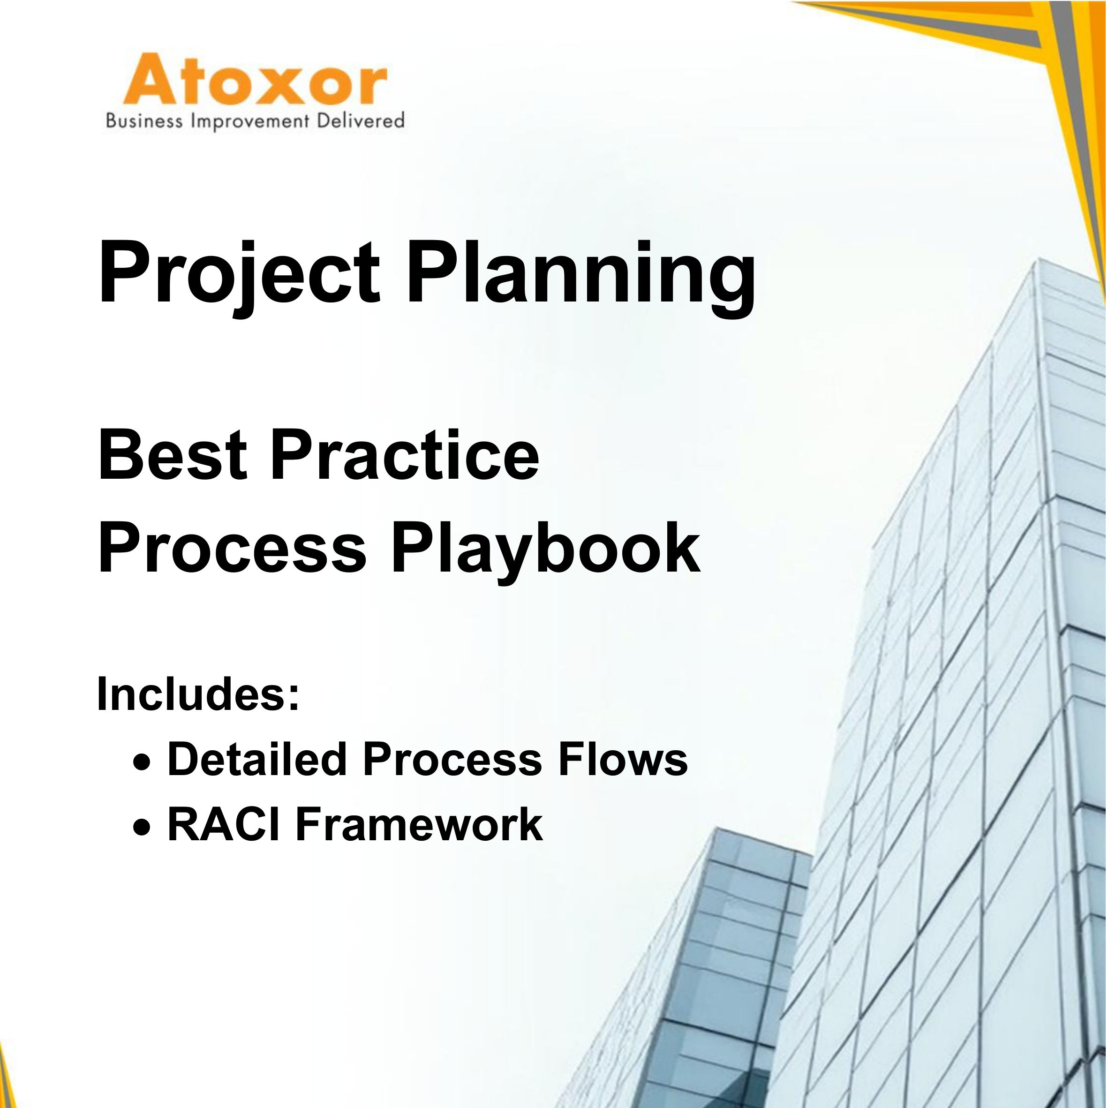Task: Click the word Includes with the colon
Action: [198, 694]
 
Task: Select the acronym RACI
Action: [224, 824]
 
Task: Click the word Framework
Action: [419, 824]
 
